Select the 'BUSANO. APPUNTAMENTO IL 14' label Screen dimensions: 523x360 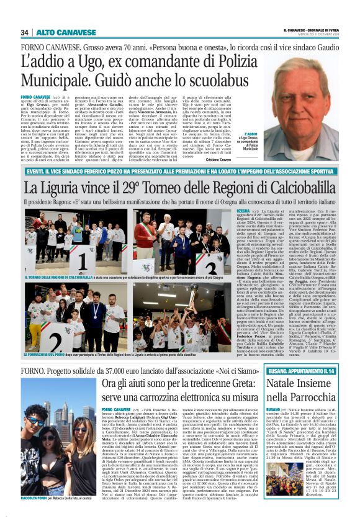click(302, 371)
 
